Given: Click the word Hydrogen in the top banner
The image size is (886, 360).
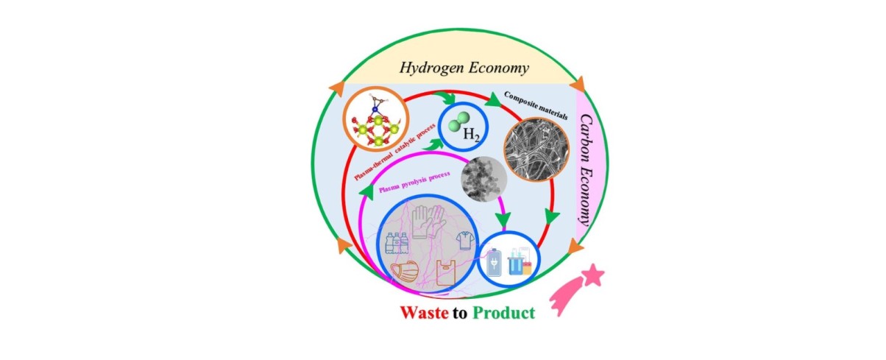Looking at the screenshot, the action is click(x=431, y=68).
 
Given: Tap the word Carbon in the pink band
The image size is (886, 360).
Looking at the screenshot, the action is click(x=586, y=138).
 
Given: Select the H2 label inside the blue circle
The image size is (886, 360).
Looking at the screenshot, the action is click(x=472, y=135).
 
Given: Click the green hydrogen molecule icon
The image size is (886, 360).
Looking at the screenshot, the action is click(x=459, y=121).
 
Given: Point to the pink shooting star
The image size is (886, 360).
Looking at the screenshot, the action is click(x=577, y=289).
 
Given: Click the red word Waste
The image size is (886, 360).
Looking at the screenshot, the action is click(x=424, y=313).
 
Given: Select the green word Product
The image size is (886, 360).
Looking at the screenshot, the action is click(x=504, y=313).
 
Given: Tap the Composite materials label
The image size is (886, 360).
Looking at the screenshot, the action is click(x=536, y=105).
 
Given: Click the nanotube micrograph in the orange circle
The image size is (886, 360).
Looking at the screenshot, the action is click(x=536, y=149).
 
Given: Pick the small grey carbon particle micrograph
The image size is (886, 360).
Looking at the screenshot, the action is click(x=484, y=179).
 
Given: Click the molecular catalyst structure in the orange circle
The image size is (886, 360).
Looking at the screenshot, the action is click(x=376, y=119).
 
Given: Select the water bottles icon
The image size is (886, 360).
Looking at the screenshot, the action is click(x=397, y=243).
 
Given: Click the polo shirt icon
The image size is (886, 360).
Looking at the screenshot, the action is click(x=465, y=241).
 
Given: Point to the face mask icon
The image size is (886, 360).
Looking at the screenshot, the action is click(x=404, y=272).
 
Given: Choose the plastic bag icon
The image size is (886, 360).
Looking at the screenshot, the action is click(x=446, y=272).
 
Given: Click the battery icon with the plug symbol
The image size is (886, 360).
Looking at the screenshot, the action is click(x=494, y=262).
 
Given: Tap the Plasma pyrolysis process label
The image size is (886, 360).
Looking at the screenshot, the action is click(x=414, y=182).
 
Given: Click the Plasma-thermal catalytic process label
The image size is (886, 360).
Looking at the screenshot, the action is click(x=394, y=152).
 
